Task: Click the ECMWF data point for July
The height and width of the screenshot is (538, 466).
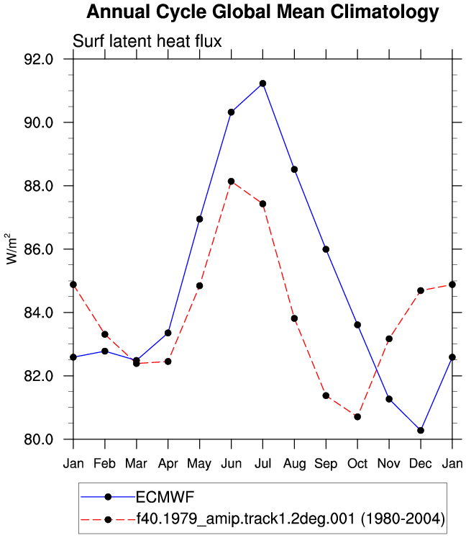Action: click(x=262, y=84)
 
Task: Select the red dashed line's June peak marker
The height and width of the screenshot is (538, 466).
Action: click(x=232, y=181)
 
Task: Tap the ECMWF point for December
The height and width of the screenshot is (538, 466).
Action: click(x=421, y=430)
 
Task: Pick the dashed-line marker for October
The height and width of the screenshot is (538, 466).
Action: click(x=357, y=417)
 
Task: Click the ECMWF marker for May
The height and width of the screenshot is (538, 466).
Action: click(x=199, y=219)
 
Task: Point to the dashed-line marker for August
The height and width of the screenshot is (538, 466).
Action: click(x=294, y=318)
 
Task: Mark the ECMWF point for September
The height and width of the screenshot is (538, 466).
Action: click(x=326, y=249)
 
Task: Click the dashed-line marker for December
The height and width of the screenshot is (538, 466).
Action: click(x=421, y=291)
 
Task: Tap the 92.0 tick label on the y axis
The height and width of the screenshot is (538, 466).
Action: click(x=39, y=59)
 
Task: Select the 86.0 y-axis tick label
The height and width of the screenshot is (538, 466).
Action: click(x=39, y=249)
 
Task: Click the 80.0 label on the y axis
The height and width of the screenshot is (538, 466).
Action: click(x=39, y=439)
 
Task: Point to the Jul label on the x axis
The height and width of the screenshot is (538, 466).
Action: click(x=262, y=464)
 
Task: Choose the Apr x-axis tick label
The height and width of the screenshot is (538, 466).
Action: click(x=168, y=465)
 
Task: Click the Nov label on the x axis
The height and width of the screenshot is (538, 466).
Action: click(x=389, y=464)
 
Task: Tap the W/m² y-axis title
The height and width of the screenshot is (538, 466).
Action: click(x=12, y=248)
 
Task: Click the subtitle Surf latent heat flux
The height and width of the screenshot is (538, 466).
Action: click(x=147, y=41)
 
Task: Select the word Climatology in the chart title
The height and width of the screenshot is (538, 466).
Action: click(x=385, y=13)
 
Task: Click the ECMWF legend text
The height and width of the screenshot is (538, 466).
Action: click(x=165, y=497)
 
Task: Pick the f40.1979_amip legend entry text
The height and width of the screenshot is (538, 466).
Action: click(x=291, y=519)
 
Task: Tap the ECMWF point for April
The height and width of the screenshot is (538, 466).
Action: click(x=168, y=333)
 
